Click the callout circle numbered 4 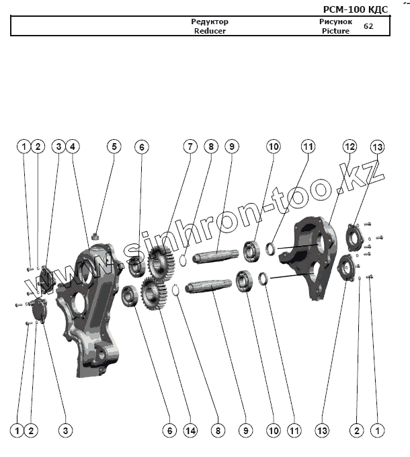pos(72,146)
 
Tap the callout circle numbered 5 pos(114,146)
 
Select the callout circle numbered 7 pos(190,146)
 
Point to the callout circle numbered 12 pos(349,146)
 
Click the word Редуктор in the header pos(210,22)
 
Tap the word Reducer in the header pos(210,31)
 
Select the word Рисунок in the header pos(335,22)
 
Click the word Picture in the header pos(335,31)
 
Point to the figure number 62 pos(368,26)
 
